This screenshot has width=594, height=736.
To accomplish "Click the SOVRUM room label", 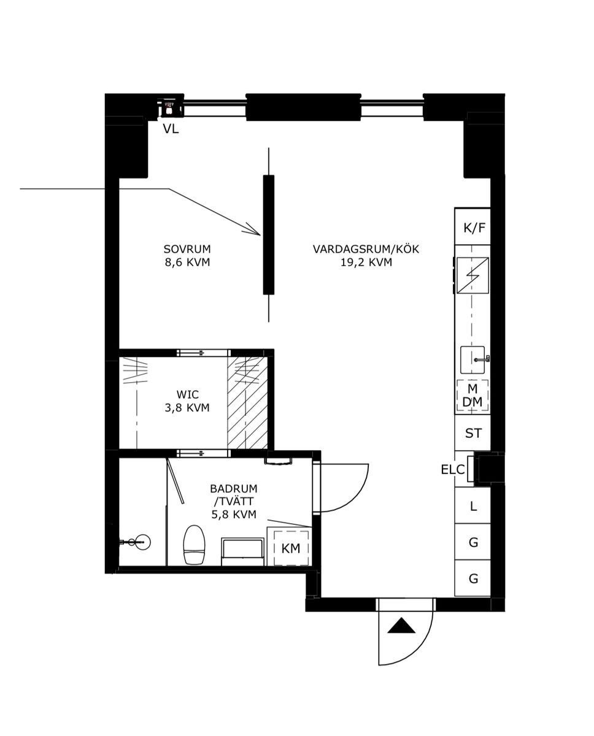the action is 187,248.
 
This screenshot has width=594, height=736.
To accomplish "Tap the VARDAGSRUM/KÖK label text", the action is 366,249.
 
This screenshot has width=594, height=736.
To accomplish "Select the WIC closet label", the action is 188,394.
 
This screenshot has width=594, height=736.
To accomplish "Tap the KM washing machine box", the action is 291,548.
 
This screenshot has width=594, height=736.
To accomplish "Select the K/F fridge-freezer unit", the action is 472,226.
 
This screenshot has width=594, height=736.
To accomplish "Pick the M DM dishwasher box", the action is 472,396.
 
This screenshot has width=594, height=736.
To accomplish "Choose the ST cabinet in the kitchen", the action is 472,433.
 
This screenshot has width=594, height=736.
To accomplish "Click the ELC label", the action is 453,470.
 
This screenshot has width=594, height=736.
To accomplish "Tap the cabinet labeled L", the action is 472,506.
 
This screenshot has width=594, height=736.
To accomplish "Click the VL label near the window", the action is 171,129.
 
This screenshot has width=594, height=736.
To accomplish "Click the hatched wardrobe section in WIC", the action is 247,403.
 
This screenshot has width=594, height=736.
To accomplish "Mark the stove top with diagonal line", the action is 472,275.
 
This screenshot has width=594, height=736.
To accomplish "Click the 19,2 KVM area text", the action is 366,263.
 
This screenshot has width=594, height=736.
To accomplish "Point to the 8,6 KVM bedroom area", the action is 187,263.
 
